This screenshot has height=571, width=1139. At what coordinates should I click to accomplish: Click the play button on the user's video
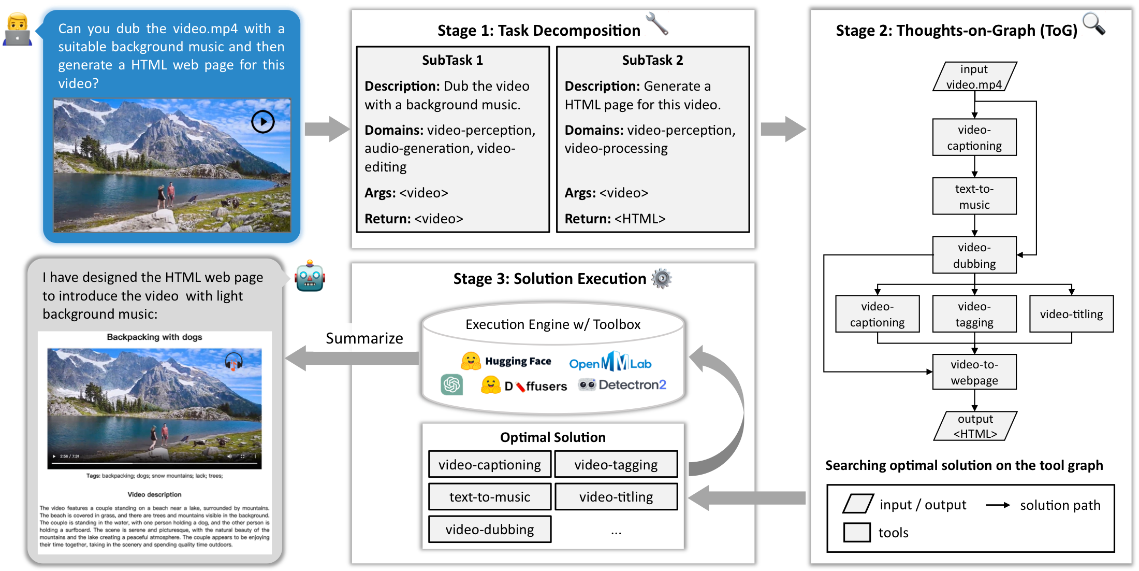263,122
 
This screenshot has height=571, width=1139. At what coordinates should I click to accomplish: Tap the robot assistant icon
310,276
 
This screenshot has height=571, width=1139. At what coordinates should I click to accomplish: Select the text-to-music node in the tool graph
974,196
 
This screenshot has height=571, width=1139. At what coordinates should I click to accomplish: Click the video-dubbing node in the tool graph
974,255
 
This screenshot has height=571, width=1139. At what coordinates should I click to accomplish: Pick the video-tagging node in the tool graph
974,314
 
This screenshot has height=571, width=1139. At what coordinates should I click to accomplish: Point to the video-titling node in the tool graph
1071,314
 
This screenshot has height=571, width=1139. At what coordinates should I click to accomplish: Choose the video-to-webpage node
974,372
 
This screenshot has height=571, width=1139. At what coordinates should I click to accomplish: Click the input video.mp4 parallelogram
974,77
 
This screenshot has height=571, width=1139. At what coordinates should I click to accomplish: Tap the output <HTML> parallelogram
975,426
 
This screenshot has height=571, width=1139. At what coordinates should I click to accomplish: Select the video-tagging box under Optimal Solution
616,464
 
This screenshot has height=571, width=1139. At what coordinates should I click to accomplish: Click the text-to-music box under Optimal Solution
489,497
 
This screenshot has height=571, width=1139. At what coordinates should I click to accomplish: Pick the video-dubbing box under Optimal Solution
489,530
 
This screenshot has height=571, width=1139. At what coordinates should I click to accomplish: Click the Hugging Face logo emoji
471,361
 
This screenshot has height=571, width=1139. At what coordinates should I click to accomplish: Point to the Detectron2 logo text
632,384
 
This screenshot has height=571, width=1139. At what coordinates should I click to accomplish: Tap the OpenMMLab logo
610,362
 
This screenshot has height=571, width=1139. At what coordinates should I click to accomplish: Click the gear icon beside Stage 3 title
661,279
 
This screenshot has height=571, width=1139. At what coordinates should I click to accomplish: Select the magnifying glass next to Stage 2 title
1093,24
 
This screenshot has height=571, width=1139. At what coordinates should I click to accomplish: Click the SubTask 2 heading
652,60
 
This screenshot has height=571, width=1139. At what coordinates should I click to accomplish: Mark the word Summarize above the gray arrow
364,338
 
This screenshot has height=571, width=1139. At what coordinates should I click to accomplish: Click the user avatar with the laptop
18,30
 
